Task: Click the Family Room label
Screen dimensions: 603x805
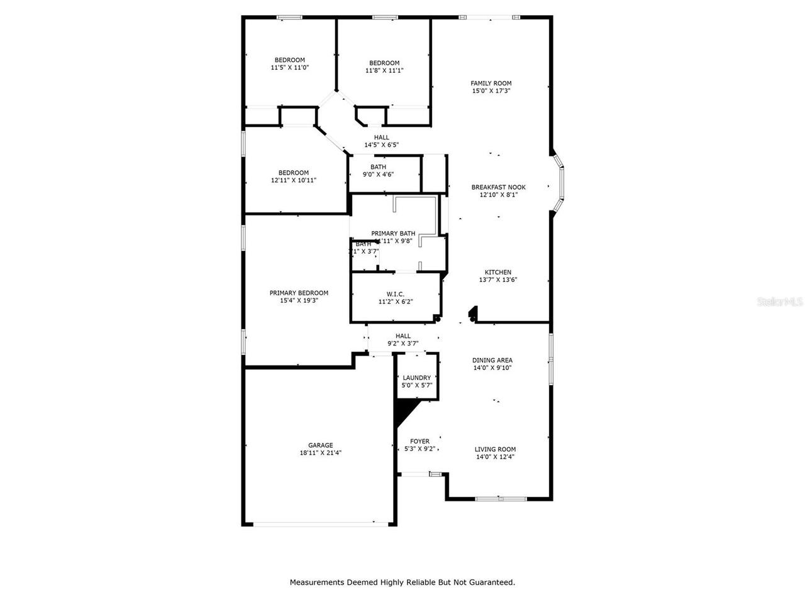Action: [491, 83]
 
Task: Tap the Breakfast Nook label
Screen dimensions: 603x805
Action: [498, 187]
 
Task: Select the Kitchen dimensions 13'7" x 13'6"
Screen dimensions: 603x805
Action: [498, 280]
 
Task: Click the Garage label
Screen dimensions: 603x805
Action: [320, 445]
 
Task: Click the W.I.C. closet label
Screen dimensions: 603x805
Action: [395, 294]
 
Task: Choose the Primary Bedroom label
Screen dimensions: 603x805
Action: [299, 293]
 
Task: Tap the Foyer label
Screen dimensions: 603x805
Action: [419, 442]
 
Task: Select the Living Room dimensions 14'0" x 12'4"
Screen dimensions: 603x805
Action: [495, 457]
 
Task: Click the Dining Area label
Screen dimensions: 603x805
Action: [492, 361]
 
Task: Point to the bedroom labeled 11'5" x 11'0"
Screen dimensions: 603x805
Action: [289, 63]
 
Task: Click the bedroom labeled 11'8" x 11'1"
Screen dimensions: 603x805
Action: [384, 67]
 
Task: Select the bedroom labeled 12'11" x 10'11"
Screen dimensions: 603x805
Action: [294, 177]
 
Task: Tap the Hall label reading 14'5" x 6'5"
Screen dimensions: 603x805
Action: [381, 141]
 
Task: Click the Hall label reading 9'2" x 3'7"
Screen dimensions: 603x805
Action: [402, 340]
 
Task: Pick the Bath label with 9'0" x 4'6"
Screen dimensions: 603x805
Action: [378, 170]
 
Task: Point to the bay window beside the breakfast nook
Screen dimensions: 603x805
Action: [559, 187]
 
